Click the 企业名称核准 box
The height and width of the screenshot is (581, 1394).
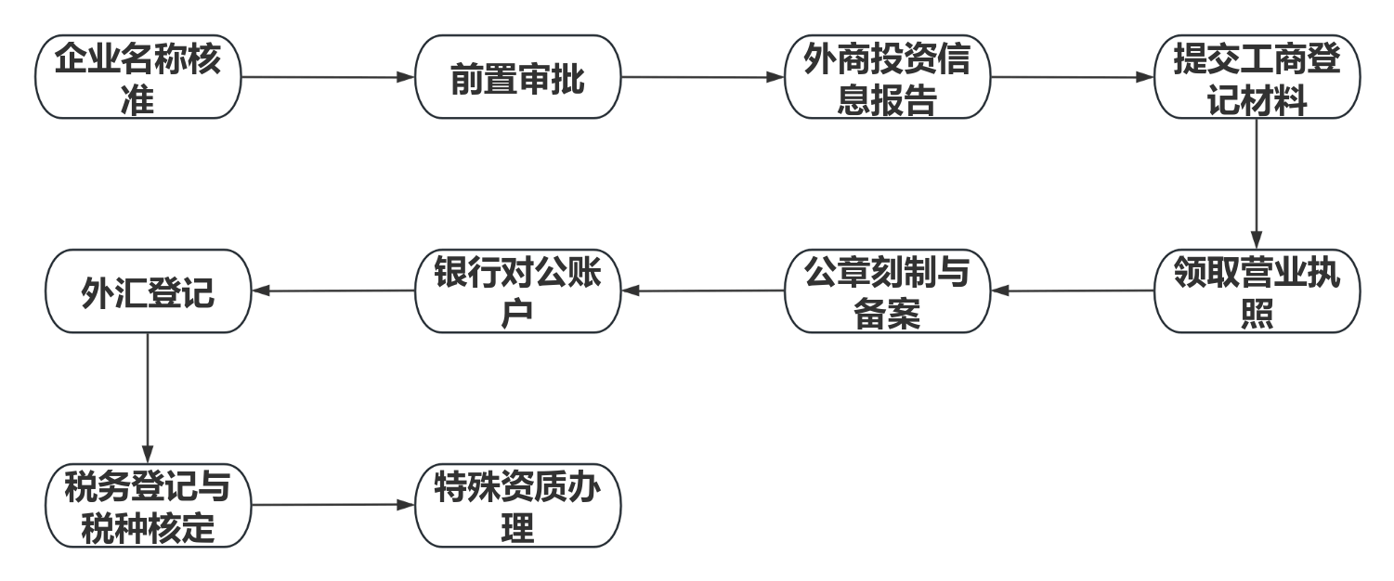[137, 77]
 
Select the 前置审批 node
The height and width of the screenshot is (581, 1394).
[517, 77]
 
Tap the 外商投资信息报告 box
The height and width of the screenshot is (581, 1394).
[887, 77]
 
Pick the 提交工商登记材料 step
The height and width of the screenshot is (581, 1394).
[1257, 77]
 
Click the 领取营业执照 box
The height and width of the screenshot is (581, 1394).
[1257, 290]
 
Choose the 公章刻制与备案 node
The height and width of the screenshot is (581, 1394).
[887, 290]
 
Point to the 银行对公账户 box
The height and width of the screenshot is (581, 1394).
[517, 290]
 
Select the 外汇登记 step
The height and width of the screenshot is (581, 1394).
[148, 290]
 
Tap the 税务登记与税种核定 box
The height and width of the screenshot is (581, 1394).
[148, 505]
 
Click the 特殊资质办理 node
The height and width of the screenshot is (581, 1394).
[517, 505]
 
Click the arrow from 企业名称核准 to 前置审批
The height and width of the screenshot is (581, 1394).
[327, 77]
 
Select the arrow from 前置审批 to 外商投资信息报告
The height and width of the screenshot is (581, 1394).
[702, 77]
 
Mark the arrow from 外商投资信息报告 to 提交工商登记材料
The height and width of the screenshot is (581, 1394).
[1072, 77]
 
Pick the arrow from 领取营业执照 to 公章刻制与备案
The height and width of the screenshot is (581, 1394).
[1072, 290]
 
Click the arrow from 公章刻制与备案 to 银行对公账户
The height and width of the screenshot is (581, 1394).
[702, 290]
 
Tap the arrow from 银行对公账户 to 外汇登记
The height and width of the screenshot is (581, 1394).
[332, 290]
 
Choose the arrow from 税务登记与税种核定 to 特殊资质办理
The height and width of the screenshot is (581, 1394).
[332, 505]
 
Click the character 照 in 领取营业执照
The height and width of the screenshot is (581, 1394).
[1257, 314]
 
